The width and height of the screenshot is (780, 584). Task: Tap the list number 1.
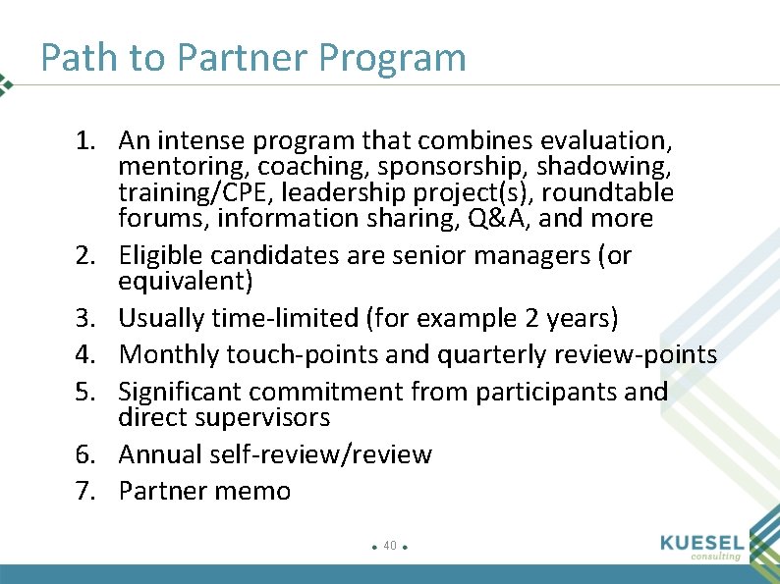[x=84, y=141]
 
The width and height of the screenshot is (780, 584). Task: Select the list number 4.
[x=84, y=354]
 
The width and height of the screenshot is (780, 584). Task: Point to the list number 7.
[x=84, y=491]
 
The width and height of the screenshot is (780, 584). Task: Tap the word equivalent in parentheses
[x=182, y=282]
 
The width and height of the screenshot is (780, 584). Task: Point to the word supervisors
[x=268, y=418]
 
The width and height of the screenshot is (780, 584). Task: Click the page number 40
[x=390, y=545]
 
